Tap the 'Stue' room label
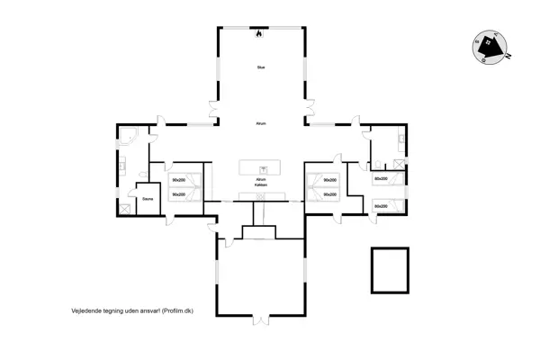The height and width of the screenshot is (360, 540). [260, 67]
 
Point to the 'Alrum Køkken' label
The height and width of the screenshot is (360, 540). [260, 183]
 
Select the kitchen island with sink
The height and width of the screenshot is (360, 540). [260, 167]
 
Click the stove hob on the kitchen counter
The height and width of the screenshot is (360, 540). [260, 195]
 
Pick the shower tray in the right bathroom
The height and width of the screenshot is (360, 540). [396, 163]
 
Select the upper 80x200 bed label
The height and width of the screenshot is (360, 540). [381, 179]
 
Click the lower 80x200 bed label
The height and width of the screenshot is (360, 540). [381, 206]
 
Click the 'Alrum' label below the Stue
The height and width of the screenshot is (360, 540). [260, 123]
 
